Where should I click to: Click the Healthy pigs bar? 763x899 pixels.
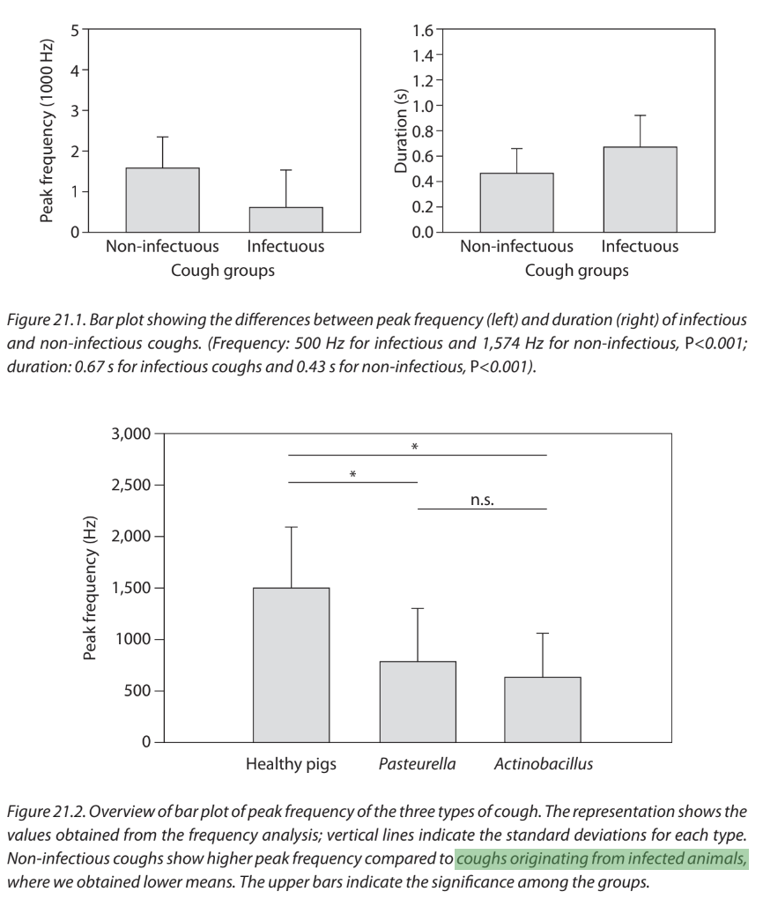pos(292,665)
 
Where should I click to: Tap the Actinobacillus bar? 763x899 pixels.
pos(543,709)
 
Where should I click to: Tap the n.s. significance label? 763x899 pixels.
pos(482,500)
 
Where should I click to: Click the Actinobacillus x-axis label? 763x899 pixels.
pos(543,764)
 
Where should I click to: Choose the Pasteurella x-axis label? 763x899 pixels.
pos(419,764)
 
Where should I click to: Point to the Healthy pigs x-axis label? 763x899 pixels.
pos(291,764)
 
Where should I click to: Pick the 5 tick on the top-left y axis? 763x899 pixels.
pos(75,29)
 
